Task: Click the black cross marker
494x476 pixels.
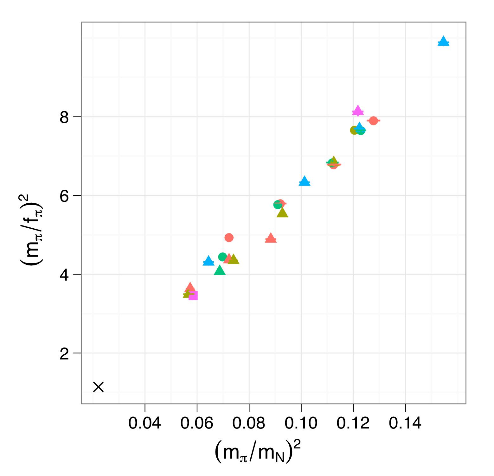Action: (x=99, y=387)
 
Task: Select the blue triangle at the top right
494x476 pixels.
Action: (x=443, y=41)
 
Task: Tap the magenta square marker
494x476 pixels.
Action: (x=193, y=296)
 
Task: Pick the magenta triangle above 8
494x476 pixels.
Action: (x=358, y=111)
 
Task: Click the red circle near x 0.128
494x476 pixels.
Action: (x=373, y=121)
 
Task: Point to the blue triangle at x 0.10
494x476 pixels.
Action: (x=305, y=181)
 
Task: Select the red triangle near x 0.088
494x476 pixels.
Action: (x=271, y=238)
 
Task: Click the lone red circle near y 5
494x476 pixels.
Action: (x=229, y=238)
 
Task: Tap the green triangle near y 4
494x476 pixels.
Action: (x=220, y=270)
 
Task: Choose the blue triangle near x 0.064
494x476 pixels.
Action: (x=208, y=261)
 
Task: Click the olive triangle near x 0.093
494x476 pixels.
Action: (x=282, y=213)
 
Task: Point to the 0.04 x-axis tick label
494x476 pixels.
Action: (x=145, y=423)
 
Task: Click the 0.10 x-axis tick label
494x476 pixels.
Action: (x=301, y=423)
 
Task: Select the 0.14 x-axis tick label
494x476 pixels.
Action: (x=405, y=423)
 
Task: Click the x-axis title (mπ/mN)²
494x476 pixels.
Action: (x=257, y=452)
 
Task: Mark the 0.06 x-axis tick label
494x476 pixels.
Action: (x=197, y=423)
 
